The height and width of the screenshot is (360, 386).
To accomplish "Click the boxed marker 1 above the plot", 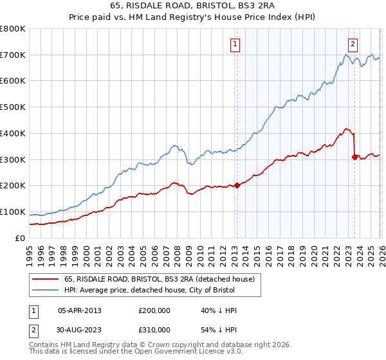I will tap(235, 44).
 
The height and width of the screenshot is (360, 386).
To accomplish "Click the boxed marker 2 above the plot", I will tap(353, 44).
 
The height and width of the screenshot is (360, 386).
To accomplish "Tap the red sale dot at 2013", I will tap(236, 185).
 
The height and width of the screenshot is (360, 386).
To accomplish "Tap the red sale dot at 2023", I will tap(354, 156).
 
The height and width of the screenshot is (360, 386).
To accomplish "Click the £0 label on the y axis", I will tap(19, 238).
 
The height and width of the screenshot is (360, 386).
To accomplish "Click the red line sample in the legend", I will tap(45, 279).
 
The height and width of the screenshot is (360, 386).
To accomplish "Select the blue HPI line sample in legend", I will tap(45, 291).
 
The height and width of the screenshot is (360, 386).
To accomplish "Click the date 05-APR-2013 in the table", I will tap(80, 310).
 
